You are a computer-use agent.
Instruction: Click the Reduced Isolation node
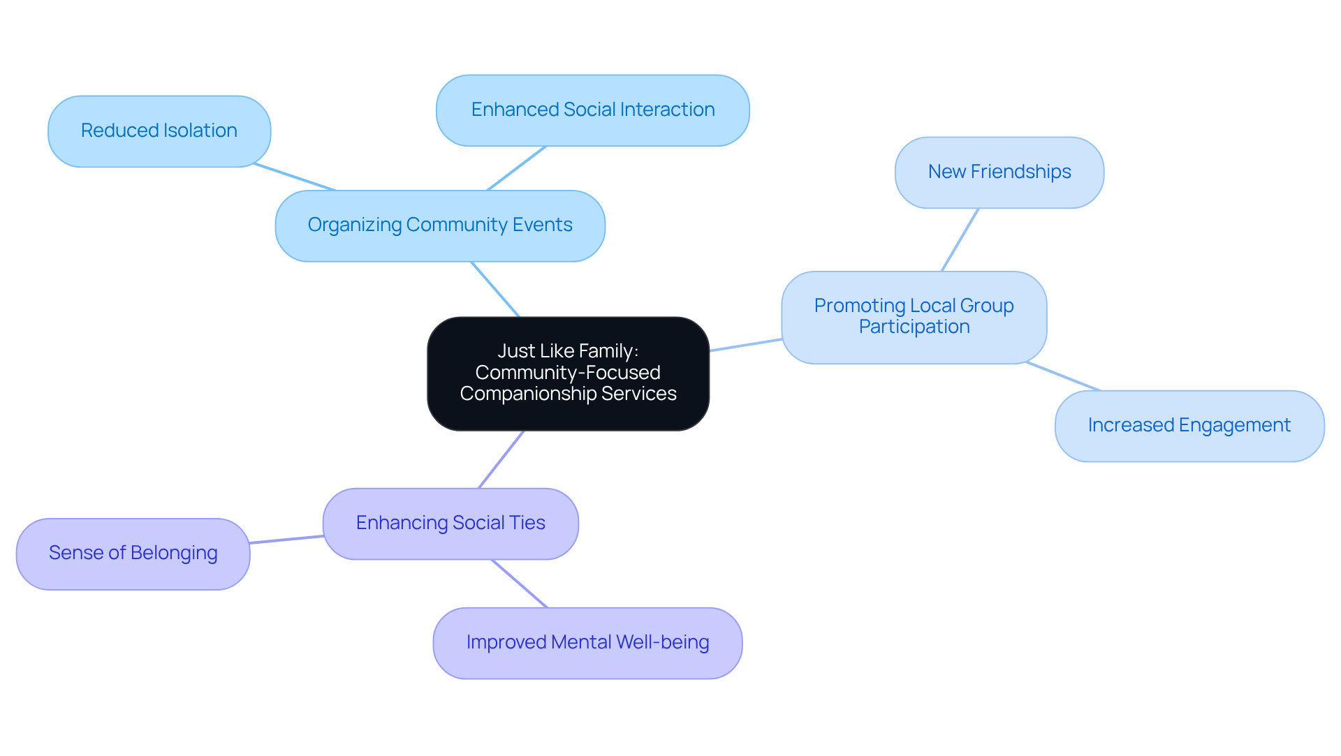click(159, 131)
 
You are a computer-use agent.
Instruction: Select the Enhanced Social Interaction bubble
click(592, 110)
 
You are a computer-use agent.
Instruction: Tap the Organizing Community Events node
click(440, 225)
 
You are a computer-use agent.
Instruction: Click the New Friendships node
click(999, 172)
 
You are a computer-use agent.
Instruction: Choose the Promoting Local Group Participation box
click(914, 317)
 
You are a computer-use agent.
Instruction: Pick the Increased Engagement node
click(1189, 426)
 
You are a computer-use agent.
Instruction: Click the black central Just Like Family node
click(568, 373)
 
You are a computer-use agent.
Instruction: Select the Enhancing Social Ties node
click(450, 524)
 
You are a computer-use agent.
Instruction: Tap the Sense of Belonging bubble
click(133, 554)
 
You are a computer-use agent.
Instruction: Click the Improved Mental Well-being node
click(587, 643)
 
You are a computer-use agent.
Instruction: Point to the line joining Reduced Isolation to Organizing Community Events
click(295, 177)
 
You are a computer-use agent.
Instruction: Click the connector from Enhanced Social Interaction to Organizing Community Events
click(516, 168)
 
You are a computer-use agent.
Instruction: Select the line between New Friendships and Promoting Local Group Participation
click(960, 240)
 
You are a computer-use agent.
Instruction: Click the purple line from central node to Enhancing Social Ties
click(501, 459)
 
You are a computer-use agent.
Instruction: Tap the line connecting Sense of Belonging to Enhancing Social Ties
click(286, 540)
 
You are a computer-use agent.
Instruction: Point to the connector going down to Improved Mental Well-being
click(520, 584)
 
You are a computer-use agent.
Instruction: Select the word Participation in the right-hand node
click(914, 327)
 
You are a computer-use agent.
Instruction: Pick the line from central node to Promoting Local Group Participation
click(745, 345)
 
